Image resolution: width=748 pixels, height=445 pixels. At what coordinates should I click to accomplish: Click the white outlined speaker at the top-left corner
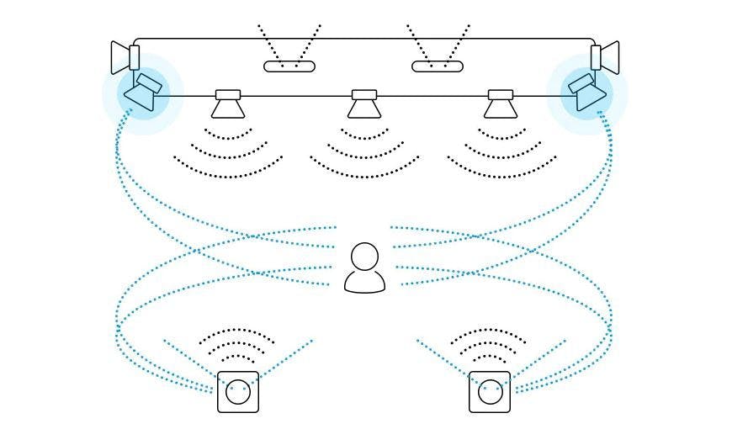click(x=125, y=57)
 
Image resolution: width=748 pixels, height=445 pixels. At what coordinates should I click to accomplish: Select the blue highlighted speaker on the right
click(x=588, y=92)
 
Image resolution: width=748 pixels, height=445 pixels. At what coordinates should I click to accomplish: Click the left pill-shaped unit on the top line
click(x=289, y=66)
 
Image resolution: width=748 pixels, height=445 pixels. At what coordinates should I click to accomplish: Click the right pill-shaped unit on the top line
click(x=438, y=66)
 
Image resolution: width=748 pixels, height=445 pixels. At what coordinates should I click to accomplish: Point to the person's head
click(x=365, y=256)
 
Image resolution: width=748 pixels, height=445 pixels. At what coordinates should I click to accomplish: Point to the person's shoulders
click(x=365, y=281)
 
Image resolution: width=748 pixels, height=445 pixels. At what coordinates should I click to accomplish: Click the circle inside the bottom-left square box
click(x=238, y=392)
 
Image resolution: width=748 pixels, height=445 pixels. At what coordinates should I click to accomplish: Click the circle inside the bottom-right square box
click(x=490, y=392)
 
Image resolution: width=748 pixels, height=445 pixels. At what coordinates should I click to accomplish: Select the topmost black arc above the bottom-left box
click(x=237, y=331)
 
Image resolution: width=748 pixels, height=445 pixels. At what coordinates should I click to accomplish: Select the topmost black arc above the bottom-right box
click(x=489, y=331)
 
